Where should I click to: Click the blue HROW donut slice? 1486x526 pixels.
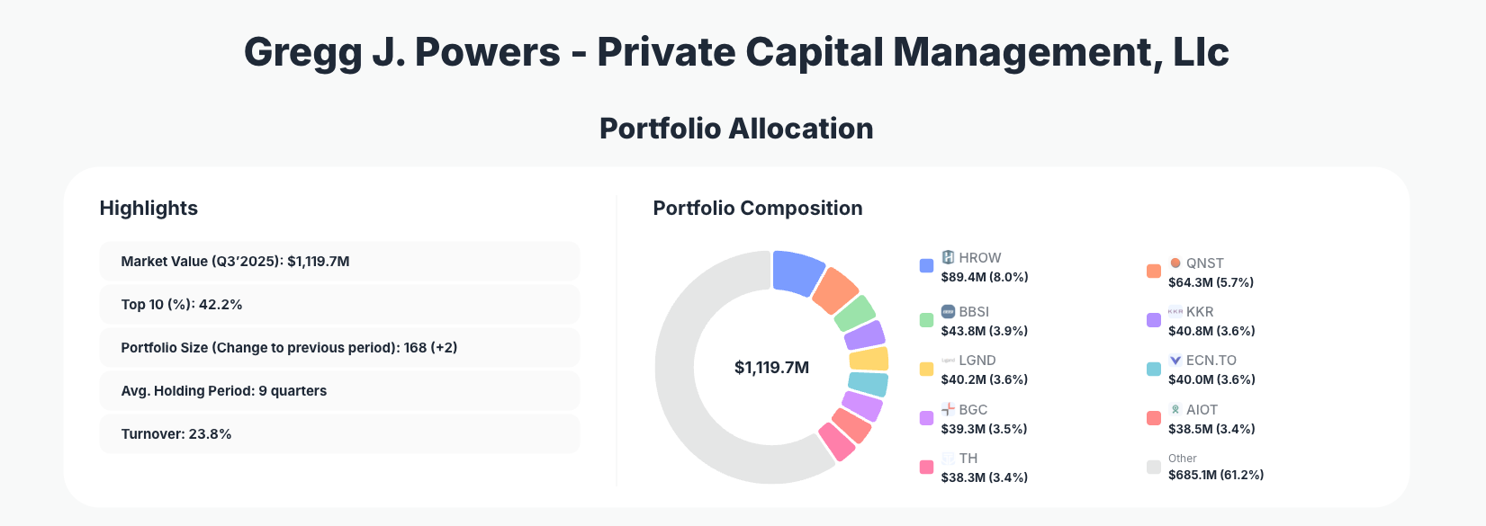point(797,272)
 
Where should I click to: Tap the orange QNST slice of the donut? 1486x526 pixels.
point(835,290)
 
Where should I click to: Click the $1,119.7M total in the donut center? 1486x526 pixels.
point(771,367)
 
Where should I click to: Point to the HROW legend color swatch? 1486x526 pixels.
point(926,265)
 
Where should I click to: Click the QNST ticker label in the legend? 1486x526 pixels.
point(1204,263)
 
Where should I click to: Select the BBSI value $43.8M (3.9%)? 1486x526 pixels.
point(984,331)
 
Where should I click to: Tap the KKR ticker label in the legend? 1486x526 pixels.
point(1200,311)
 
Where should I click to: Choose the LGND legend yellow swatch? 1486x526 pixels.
point(926,369)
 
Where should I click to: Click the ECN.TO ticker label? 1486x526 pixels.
point(1211,360)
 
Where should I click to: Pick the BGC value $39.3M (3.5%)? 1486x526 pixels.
point(984,429)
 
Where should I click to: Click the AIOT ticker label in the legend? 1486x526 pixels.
point(1202,409)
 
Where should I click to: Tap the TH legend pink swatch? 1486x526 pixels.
point(926,467)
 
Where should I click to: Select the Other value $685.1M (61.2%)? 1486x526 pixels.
point(1215,475)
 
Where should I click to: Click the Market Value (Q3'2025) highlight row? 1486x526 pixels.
point(339,262)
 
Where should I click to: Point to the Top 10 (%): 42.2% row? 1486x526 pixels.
point(339,305)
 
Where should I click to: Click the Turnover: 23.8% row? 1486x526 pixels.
point(339,434)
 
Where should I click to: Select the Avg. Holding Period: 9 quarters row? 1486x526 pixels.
point(339,391)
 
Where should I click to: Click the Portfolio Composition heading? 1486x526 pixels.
point(757,209)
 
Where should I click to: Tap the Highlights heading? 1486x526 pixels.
point(149,209)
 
